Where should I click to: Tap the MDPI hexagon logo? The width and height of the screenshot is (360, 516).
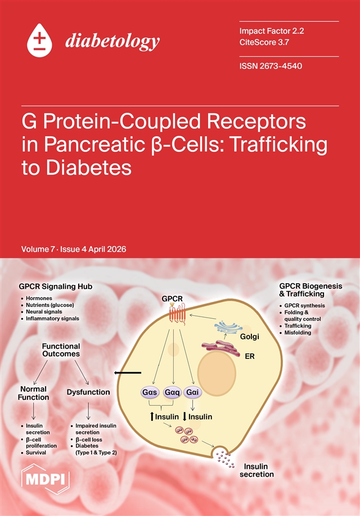45,479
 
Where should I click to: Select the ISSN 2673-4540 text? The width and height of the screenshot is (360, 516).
271,66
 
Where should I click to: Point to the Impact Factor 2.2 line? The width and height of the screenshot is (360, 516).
272,31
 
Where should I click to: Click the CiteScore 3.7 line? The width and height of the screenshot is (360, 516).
264,42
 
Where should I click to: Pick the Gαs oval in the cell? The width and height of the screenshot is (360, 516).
150,392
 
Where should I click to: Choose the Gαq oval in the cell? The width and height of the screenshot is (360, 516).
172,392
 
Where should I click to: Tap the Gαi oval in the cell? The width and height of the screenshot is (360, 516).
193,392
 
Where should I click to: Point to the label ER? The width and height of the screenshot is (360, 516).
250,356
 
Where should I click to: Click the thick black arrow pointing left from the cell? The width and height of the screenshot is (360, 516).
128,373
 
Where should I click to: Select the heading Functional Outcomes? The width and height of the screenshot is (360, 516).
61,350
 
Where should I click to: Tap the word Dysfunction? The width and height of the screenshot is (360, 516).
88,392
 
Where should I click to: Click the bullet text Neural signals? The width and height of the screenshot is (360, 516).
44,311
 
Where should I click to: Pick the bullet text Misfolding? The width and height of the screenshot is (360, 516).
298,333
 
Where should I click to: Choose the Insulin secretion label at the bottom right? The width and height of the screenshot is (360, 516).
256,470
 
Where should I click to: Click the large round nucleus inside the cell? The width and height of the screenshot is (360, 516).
217,372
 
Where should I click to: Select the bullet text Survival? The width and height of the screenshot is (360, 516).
36,452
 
